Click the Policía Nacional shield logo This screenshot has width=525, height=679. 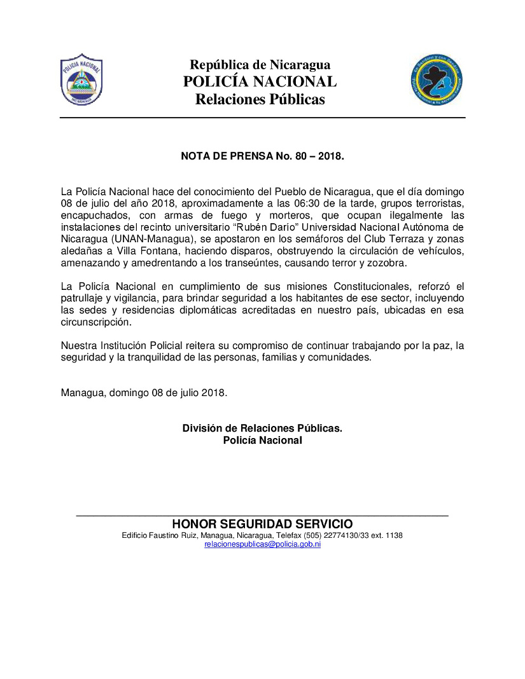point(81,80)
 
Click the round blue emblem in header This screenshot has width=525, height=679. point(437,80)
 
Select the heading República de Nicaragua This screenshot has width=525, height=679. point(260,65)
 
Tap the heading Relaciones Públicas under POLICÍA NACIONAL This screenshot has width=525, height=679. point(260,100)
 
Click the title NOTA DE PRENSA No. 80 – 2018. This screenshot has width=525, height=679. point(262,155)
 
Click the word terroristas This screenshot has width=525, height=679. point(434,203)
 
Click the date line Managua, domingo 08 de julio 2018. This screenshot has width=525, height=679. point(144,393)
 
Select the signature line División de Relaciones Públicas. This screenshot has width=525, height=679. point(262,429)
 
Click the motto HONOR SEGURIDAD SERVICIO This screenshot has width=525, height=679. point(262,524)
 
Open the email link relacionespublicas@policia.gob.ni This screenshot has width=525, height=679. point(262,544)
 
